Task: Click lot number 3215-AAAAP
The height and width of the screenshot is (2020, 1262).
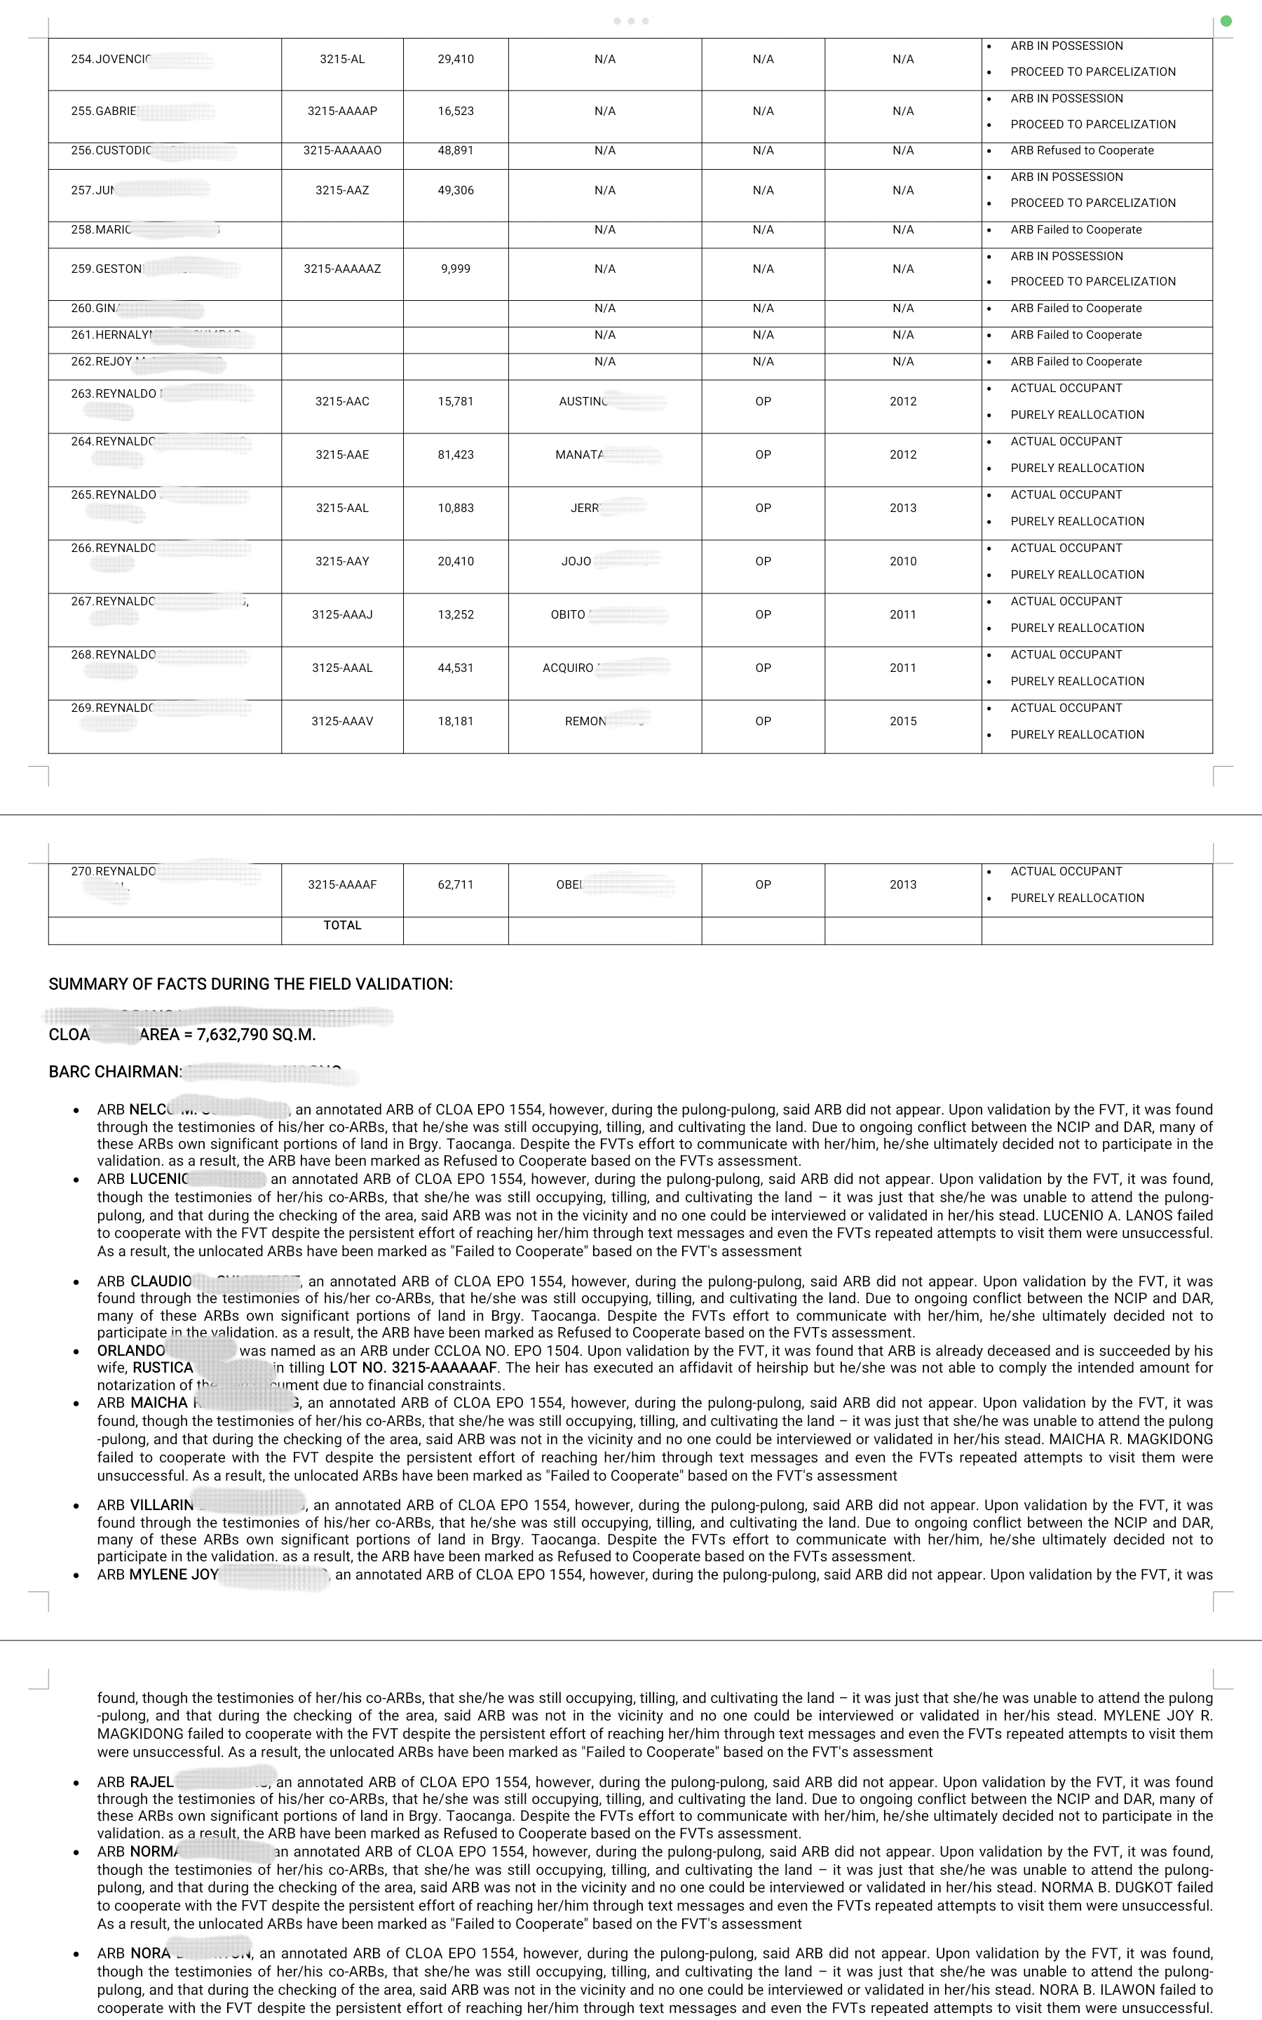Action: tap(342, 111)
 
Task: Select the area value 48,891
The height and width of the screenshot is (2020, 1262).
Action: tap(456, 151)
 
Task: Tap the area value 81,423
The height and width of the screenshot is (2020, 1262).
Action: tap(456, 455)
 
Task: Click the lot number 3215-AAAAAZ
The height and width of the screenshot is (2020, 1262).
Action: tap(342, 269)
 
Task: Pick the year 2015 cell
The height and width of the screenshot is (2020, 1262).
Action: tap(903, 721)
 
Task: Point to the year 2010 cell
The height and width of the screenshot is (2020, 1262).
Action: tap(903, 562)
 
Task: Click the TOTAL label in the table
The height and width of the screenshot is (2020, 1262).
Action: tap(342, 926)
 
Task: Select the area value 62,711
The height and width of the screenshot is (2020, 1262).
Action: tap(456, 884)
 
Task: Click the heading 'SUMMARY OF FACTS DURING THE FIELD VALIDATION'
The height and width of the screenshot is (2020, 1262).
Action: tap(250, 984)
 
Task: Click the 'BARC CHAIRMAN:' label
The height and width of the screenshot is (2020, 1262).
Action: tap(115, 1072)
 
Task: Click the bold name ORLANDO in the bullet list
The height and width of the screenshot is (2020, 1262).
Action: tap(131, 1351)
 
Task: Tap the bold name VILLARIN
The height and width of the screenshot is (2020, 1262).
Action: tap(162, 1505)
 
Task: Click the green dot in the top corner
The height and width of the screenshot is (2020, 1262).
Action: tap(1226, 21)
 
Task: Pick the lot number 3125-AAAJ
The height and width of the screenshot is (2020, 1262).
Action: tap(342, 615)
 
